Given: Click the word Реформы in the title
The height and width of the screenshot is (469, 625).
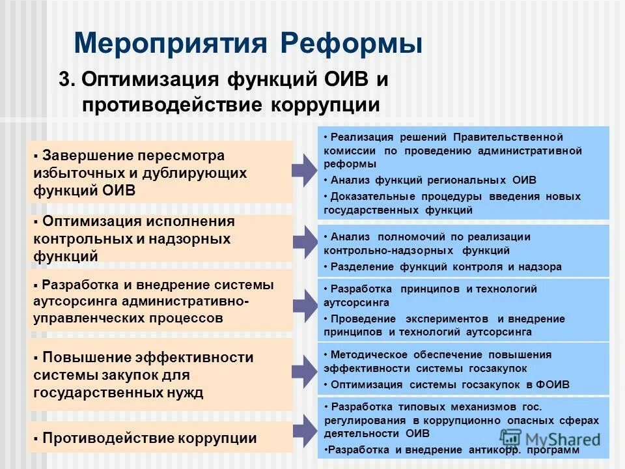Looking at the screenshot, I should point(352,43).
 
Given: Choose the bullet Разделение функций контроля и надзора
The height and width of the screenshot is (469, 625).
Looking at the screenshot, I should point(445,267).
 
